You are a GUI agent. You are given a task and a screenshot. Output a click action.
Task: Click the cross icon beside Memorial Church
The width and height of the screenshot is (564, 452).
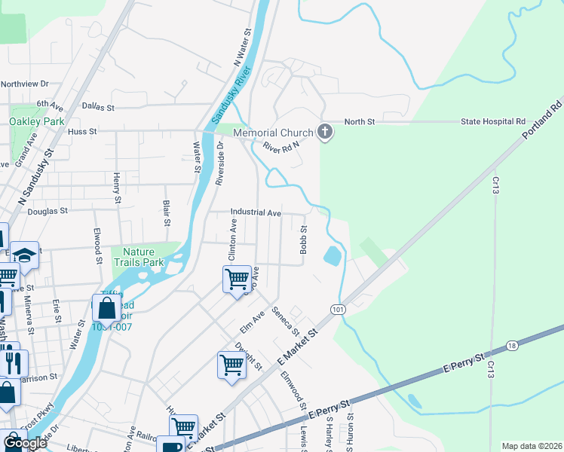click(x=325, y=133)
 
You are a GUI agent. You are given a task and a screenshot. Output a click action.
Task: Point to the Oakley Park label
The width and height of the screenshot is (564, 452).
click(x=36, y=121)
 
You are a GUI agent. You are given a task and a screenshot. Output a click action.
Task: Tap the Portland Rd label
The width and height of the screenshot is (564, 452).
click(x=543, y=118)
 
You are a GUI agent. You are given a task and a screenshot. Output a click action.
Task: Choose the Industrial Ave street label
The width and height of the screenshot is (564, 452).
click(x=256, y=213)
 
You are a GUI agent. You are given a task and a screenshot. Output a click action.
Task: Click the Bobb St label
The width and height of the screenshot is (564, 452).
click(x=304, y=240)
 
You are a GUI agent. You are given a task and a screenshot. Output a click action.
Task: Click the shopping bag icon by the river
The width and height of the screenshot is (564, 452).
click(x=106, y=307)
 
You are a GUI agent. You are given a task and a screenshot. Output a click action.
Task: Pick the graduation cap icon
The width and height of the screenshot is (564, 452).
click(x=24, y=255)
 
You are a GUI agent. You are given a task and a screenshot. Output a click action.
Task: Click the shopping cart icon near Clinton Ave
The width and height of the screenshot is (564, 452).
click(x=237, y=279)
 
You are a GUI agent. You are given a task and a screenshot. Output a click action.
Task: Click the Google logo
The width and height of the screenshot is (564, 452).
click(x=25, y=443)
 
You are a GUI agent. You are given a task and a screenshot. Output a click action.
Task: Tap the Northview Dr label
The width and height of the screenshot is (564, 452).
click(x=24, y=84)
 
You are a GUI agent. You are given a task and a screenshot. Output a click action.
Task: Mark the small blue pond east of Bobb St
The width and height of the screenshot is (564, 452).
click(x=331, y=256)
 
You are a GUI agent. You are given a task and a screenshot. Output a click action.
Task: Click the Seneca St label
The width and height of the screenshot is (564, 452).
click(x=287, y=322)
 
